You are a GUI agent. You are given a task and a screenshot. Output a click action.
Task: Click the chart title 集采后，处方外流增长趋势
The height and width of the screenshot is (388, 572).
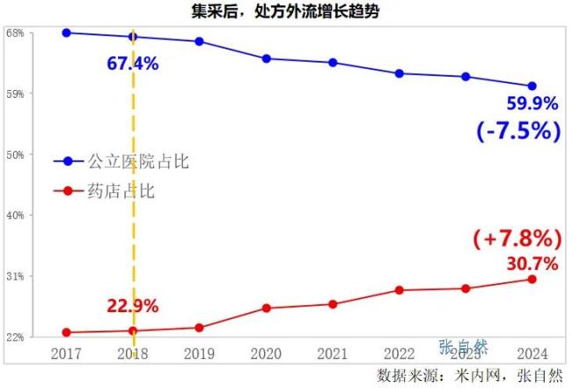(286, 11)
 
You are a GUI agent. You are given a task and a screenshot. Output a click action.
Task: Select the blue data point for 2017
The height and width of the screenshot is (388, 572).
(67, 33)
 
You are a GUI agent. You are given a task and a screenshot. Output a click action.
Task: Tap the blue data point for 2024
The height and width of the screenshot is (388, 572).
(532, 86)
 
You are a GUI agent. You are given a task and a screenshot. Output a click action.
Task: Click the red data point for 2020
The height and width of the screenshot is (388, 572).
(266, 308)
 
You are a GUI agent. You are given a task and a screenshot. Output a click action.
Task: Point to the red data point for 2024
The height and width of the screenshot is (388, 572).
(532, 280)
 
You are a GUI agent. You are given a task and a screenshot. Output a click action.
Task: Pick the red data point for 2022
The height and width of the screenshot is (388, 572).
(400, 290)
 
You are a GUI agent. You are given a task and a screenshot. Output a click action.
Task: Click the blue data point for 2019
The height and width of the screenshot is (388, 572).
(200, 41)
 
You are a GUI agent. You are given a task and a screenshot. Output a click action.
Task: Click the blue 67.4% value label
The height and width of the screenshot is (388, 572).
(132, 63)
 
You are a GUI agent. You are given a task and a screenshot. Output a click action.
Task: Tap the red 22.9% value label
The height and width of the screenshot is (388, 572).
(133, 306)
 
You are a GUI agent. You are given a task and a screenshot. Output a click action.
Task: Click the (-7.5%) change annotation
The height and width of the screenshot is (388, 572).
(518, 131)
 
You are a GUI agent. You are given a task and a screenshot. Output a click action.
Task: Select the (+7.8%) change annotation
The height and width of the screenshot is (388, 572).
(517, 238)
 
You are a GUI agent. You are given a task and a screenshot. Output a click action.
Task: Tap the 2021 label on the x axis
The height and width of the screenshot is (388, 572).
(333, 354)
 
